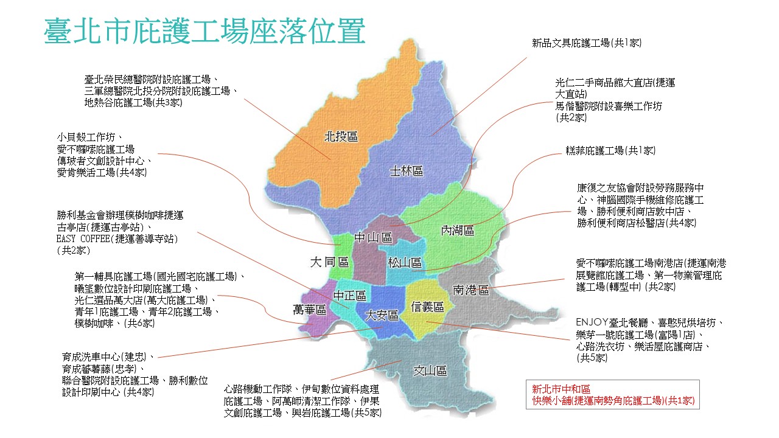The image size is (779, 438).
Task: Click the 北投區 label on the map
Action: point(340,137)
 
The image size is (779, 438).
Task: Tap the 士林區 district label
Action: point(406,172)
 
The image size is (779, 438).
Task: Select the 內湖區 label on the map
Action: point(457,231)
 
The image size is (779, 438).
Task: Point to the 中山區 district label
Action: point(374,238)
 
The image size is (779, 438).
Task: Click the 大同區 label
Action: point(329,262)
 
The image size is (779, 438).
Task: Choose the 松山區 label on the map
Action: point(405,263)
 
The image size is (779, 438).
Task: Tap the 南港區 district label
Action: point(471,290)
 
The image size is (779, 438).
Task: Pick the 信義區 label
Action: point(427,307)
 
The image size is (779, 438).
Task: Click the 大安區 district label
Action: point(382,315)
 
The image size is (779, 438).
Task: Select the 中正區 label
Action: point(350,296)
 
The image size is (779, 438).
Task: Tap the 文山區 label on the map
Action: point(430,370)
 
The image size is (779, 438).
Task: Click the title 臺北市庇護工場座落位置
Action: point(204,31)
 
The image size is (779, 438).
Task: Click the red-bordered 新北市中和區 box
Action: point(613,395)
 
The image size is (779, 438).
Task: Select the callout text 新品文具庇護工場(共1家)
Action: point(587,43)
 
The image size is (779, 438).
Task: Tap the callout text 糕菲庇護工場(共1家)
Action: point(610,150)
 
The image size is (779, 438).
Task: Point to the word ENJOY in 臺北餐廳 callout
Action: point(589,322)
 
